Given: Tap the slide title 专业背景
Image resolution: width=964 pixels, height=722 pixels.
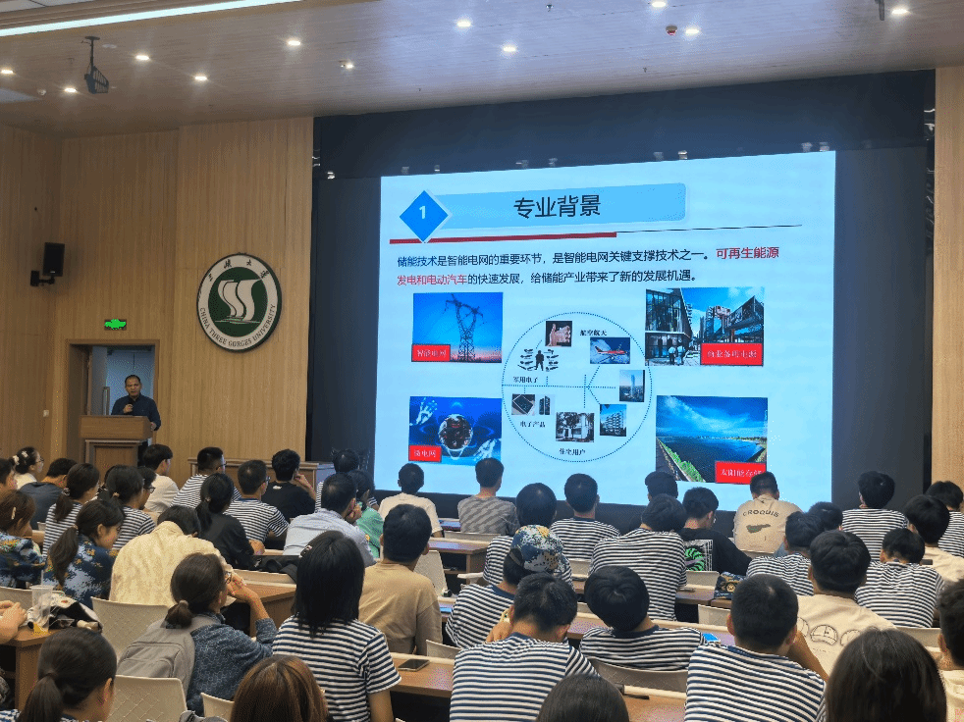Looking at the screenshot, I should click(557, 207).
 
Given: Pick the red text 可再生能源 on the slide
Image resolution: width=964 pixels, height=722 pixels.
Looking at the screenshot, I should click(747, 253).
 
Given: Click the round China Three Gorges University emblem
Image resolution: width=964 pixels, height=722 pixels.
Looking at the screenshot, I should click(239, 302).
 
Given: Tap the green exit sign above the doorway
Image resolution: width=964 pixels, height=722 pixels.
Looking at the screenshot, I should click(115, 324).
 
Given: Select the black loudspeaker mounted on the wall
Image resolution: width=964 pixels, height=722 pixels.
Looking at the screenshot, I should click(52, 259).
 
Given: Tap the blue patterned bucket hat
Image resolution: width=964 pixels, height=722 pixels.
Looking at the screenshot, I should click(538, 547).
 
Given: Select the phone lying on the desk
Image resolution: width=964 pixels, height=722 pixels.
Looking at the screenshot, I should click(412, 664).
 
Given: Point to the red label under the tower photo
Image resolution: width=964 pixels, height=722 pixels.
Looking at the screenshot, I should click(430, 352).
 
